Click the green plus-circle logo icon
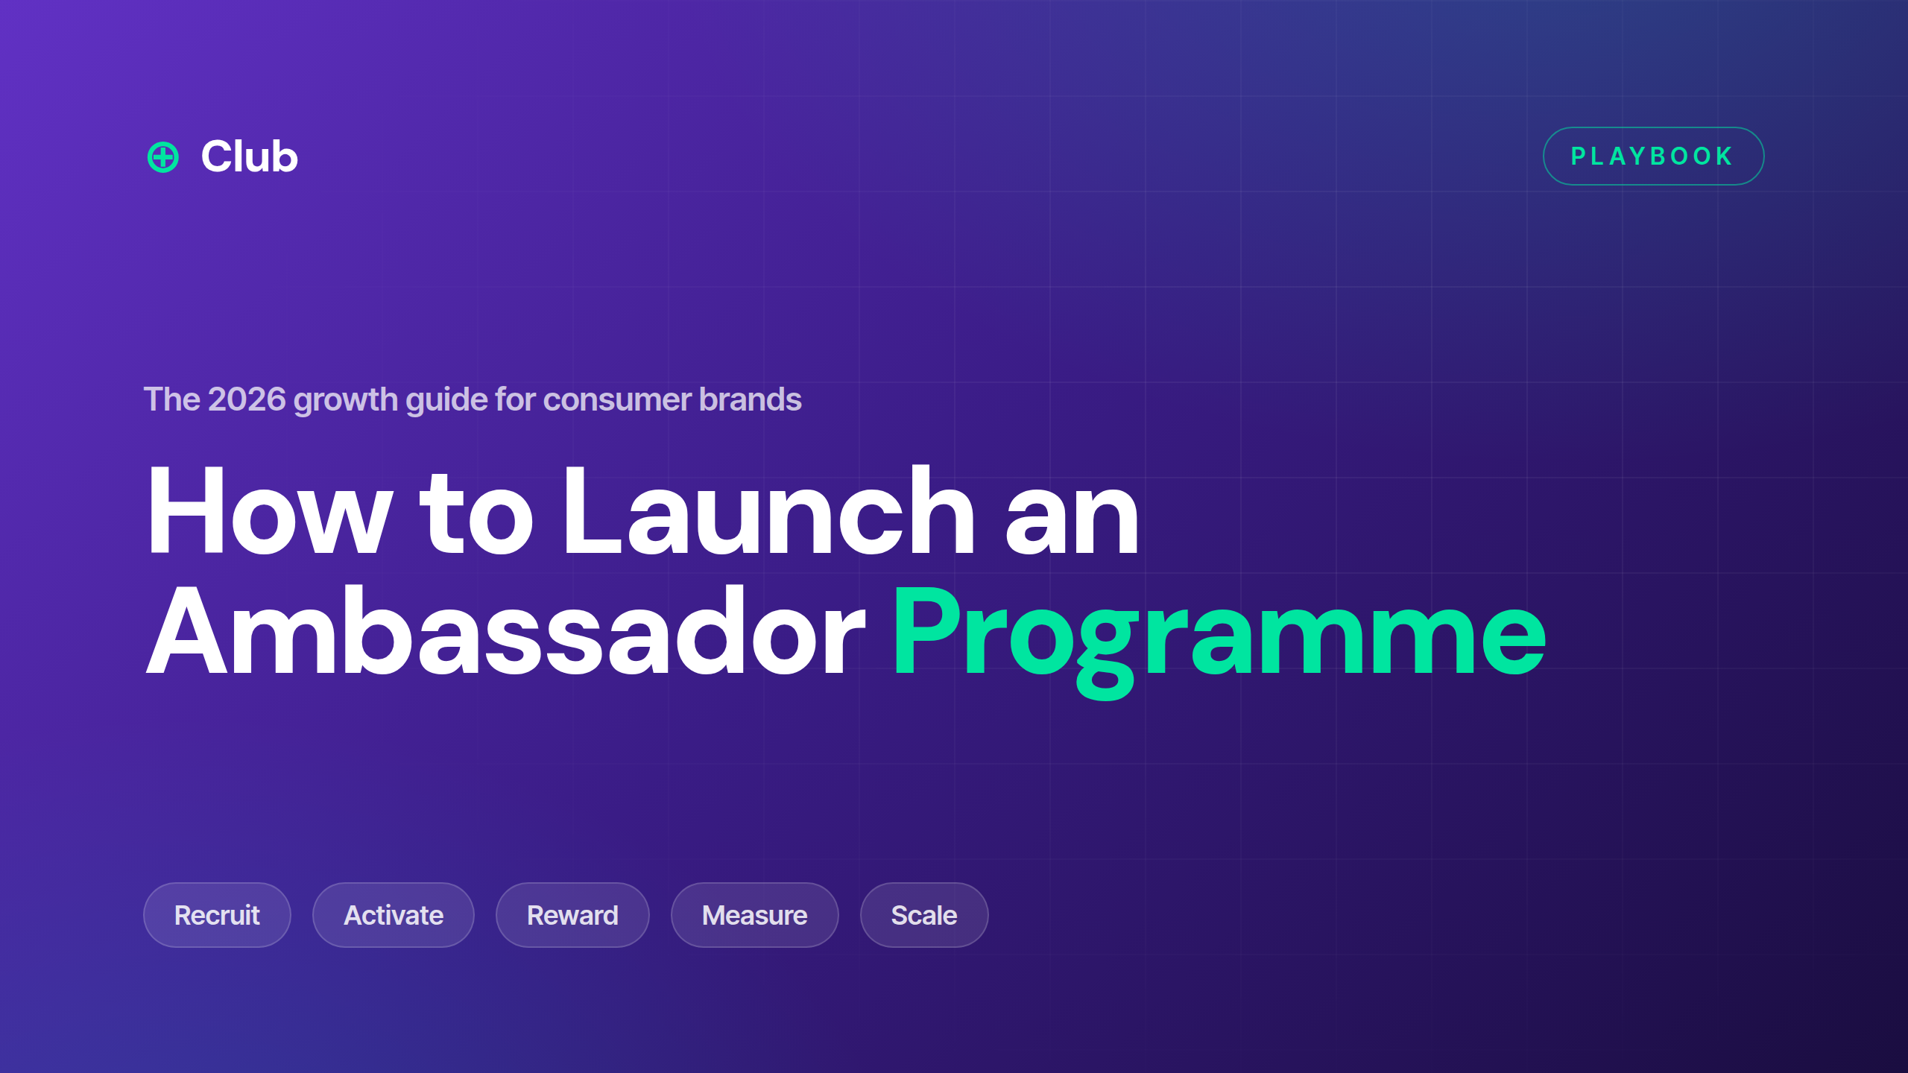[162, 157]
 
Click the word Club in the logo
[250, 156]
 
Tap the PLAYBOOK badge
[1653, 156]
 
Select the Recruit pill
[217, 915]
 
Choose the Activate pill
[394, 915]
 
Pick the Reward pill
[572, 915]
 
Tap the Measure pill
[755, 915]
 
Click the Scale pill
[924, 915]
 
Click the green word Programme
[1219, 640]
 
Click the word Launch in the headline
[769, 510]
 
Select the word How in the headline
[270, 510]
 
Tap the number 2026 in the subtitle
[247, 399]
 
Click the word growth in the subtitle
[346, 401]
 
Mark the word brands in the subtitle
[751, 399]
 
